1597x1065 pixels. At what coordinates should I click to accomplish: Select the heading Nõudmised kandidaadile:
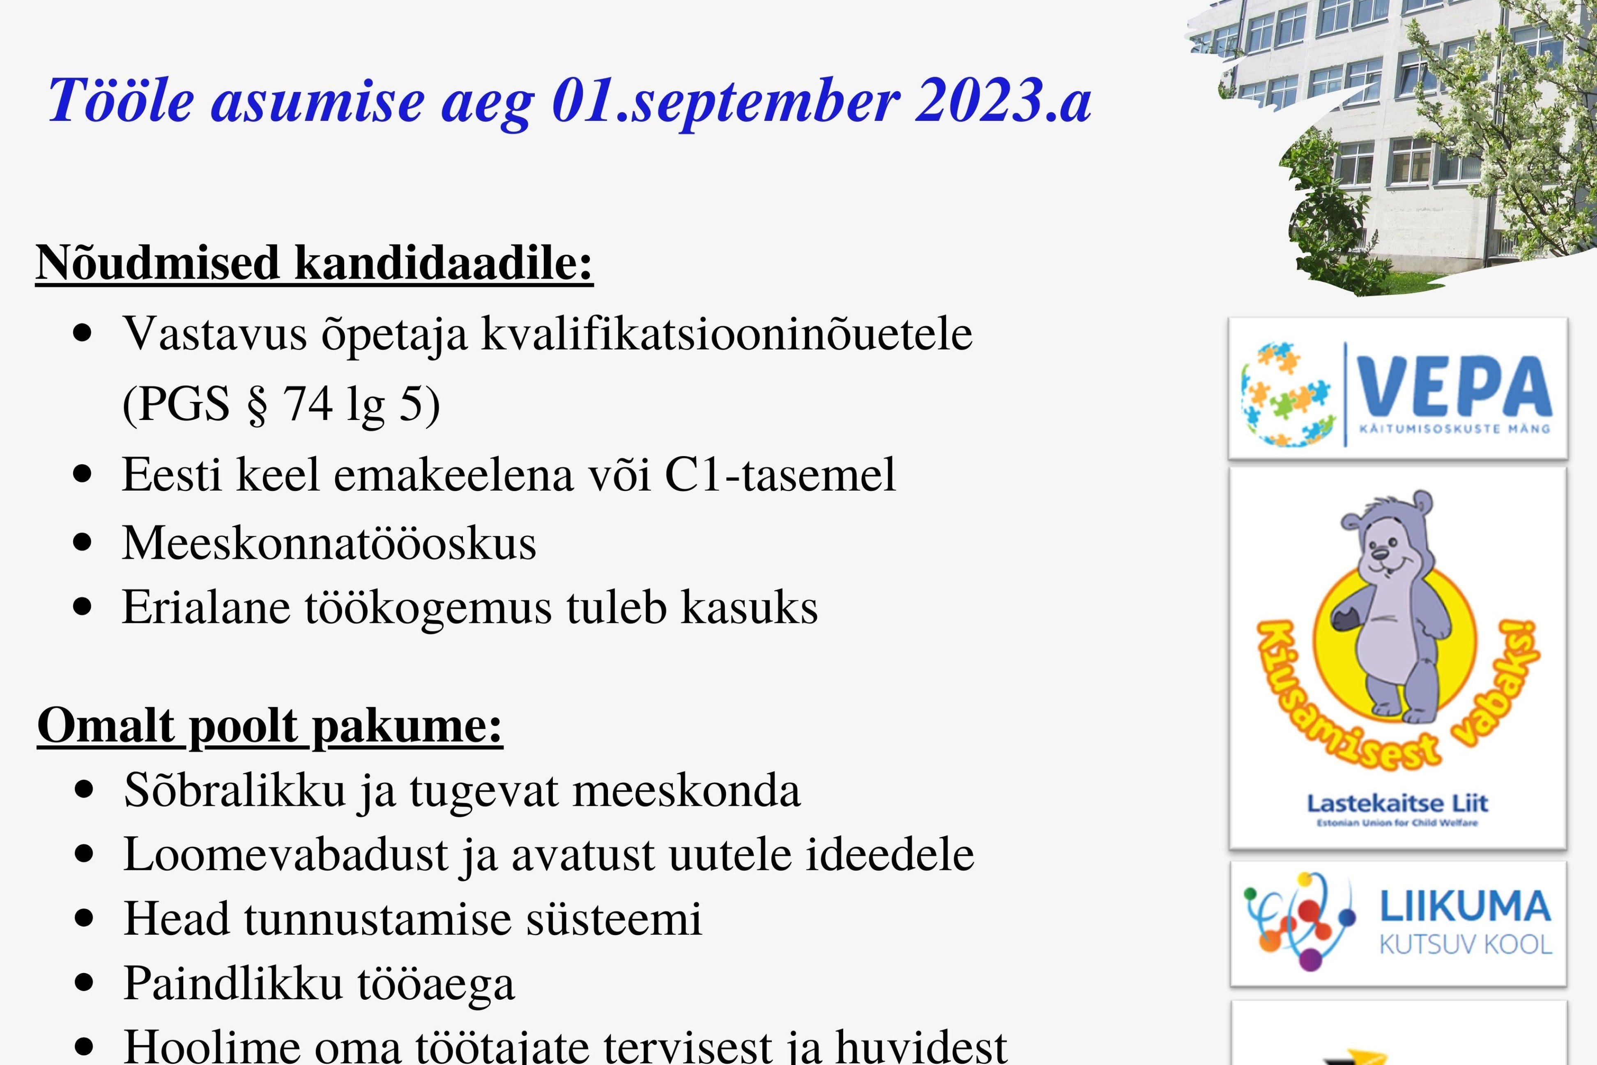point(314,263)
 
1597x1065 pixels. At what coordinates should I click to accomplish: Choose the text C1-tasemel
point(780,474)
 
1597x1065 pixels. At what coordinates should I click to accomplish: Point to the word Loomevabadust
point(286,854)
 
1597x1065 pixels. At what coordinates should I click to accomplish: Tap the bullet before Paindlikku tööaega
point(83,983)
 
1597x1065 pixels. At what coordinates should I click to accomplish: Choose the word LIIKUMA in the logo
point(1465,907)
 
